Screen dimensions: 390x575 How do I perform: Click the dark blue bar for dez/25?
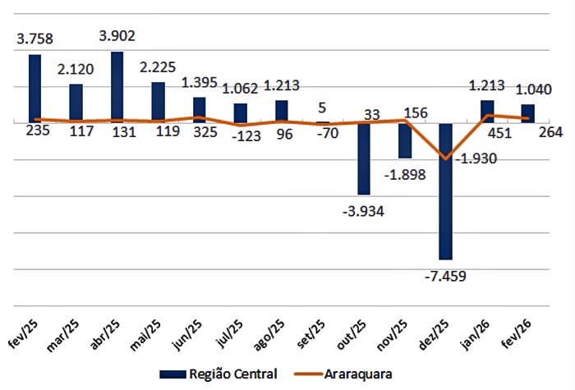[446, 190]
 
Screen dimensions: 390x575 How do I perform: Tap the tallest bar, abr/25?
[117, 87]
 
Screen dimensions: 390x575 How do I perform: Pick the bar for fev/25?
[35, 89]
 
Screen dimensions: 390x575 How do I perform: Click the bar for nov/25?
[405, 140]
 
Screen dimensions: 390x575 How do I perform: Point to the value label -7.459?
[445, 275]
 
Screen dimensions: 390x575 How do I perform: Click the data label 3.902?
[117, 36]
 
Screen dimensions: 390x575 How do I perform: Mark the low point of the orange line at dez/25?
[446, 158]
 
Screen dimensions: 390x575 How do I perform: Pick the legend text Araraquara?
[356, 374]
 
